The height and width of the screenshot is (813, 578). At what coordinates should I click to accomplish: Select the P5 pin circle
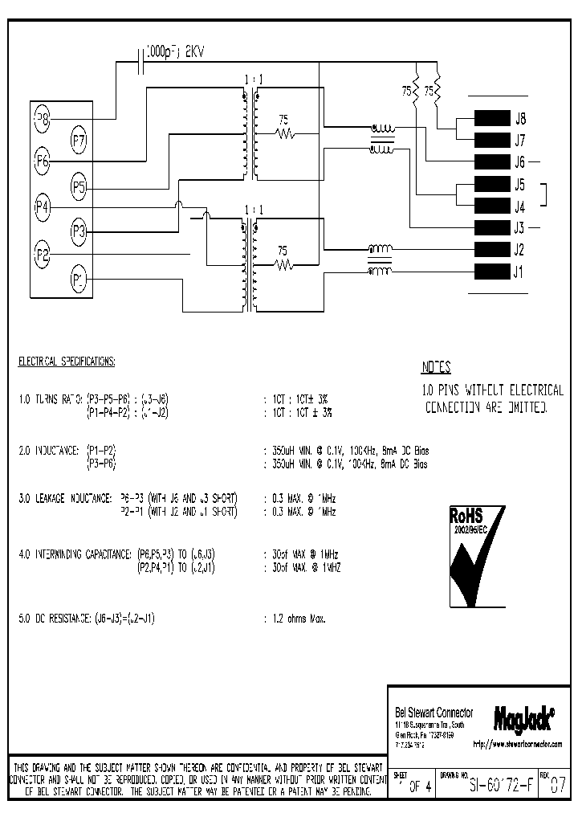79,187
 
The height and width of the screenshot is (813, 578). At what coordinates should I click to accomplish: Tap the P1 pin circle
79,280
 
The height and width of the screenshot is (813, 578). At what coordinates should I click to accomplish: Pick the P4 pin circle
42,206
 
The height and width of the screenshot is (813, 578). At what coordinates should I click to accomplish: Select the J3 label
520,227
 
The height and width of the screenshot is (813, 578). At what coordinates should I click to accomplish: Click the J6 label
520,161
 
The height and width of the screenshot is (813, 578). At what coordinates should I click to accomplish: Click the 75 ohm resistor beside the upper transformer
283,133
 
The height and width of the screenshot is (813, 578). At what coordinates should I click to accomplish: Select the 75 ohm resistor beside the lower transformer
283,263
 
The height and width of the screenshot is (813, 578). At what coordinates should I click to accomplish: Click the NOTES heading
436,369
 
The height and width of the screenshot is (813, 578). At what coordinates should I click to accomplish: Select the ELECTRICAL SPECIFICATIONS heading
67,362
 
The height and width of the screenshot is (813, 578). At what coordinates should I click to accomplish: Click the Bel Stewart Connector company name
434,713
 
